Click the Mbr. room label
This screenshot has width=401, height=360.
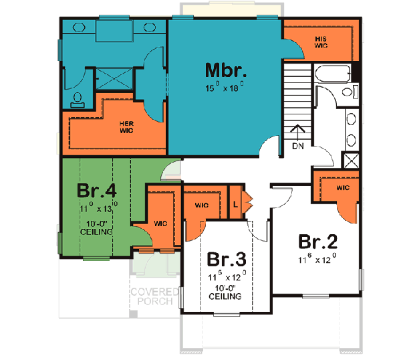(x=226, y=71)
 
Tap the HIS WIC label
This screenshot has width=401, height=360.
(x=321, y=42)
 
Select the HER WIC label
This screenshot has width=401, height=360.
(x=126, y=127)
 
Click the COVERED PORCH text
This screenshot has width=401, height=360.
(x=154, y=296)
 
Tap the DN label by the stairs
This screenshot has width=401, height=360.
(x=298, y=145)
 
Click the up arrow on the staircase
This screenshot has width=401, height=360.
(x=298, y=130)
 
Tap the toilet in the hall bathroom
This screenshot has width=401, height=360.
(x=345, y=92)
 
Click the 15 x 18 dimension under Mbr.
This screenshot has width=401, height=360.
(x=225, y=87)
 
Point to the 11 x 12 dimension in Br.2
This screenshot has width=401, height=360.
(x=317, y=257)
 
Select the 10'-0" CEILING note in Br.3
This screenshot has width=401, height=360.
(x=225, y=292)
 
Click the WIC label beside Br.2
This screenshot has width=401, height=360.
(x=343, y=188)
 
